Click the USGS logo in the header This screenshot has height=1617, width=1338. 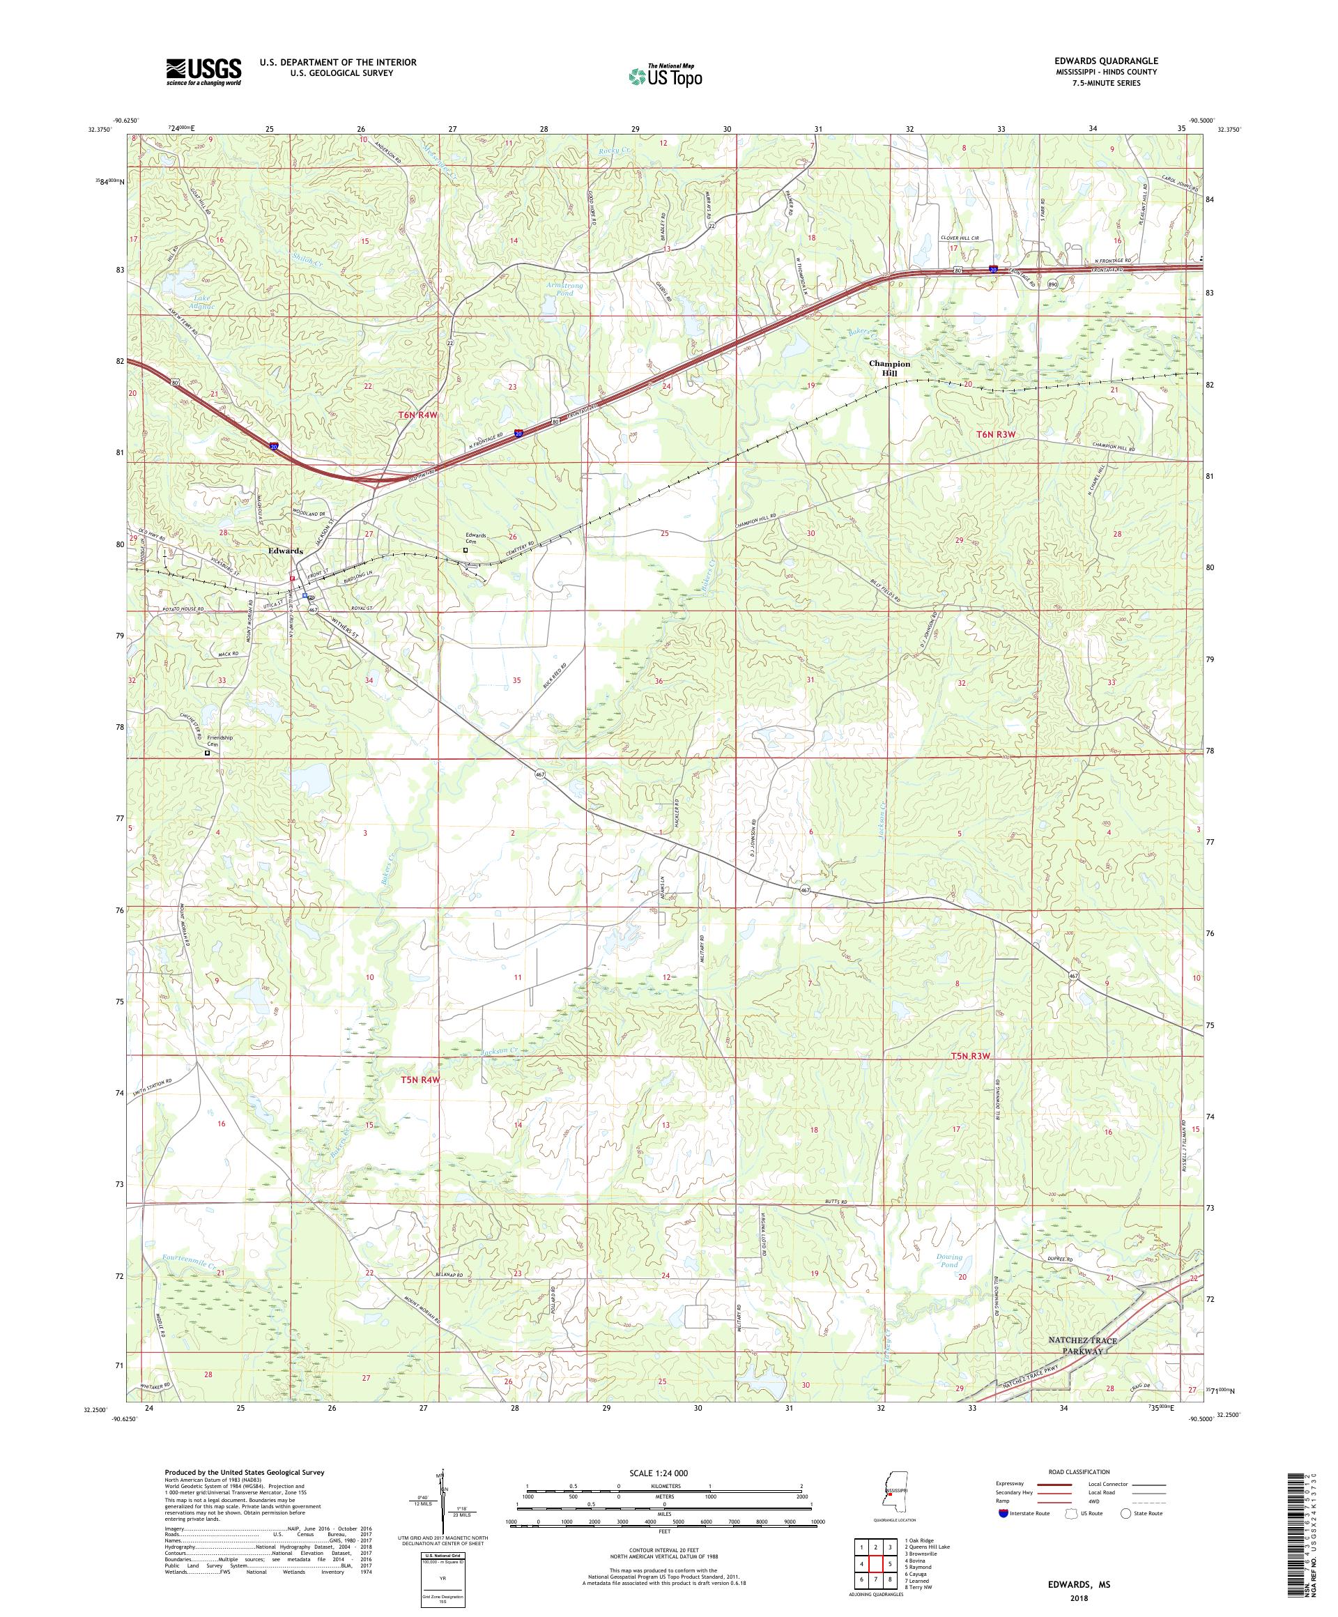tap(203, 72)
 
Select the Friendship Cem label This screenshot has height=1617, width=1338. tap(220, 741)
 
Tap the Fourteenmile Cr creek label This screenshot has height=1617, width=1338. tap(190, 1262)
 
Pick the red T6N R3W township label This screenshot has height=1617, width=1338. tap(997, 434)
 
